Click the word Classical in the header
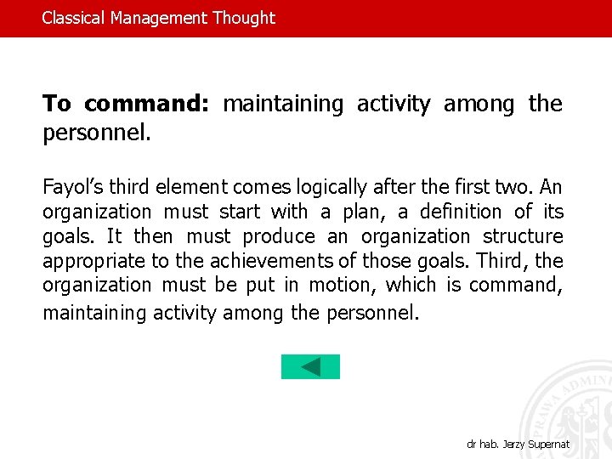coord(74,18)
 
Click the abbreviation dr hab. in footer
coord(485,445)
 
